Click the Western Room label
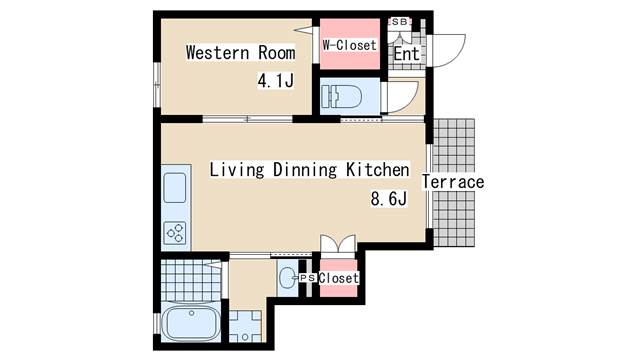coord(240,53)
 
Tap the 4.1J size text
coord(276,80)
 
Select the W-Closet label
coord(349,45)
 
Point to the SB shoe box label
coord(400,22)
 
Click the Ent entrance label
coord(406,54)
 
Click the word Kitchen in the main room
coord(378,170)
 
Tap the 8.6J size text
coord(389,199)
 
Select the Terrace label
coord(453,182)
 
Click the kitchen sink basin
coord(175,188)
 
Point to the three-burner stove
coord(175,233)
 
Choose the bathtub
coord(191,323)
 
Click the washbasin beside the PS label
coord(287,278)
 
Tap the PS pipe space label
coord(307,278)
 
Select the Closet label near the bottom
coord(339,278)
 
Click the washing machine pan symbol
coord(245,326)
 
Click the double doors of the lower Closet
coord(338,244)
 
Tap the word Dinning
coord(305,170)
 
